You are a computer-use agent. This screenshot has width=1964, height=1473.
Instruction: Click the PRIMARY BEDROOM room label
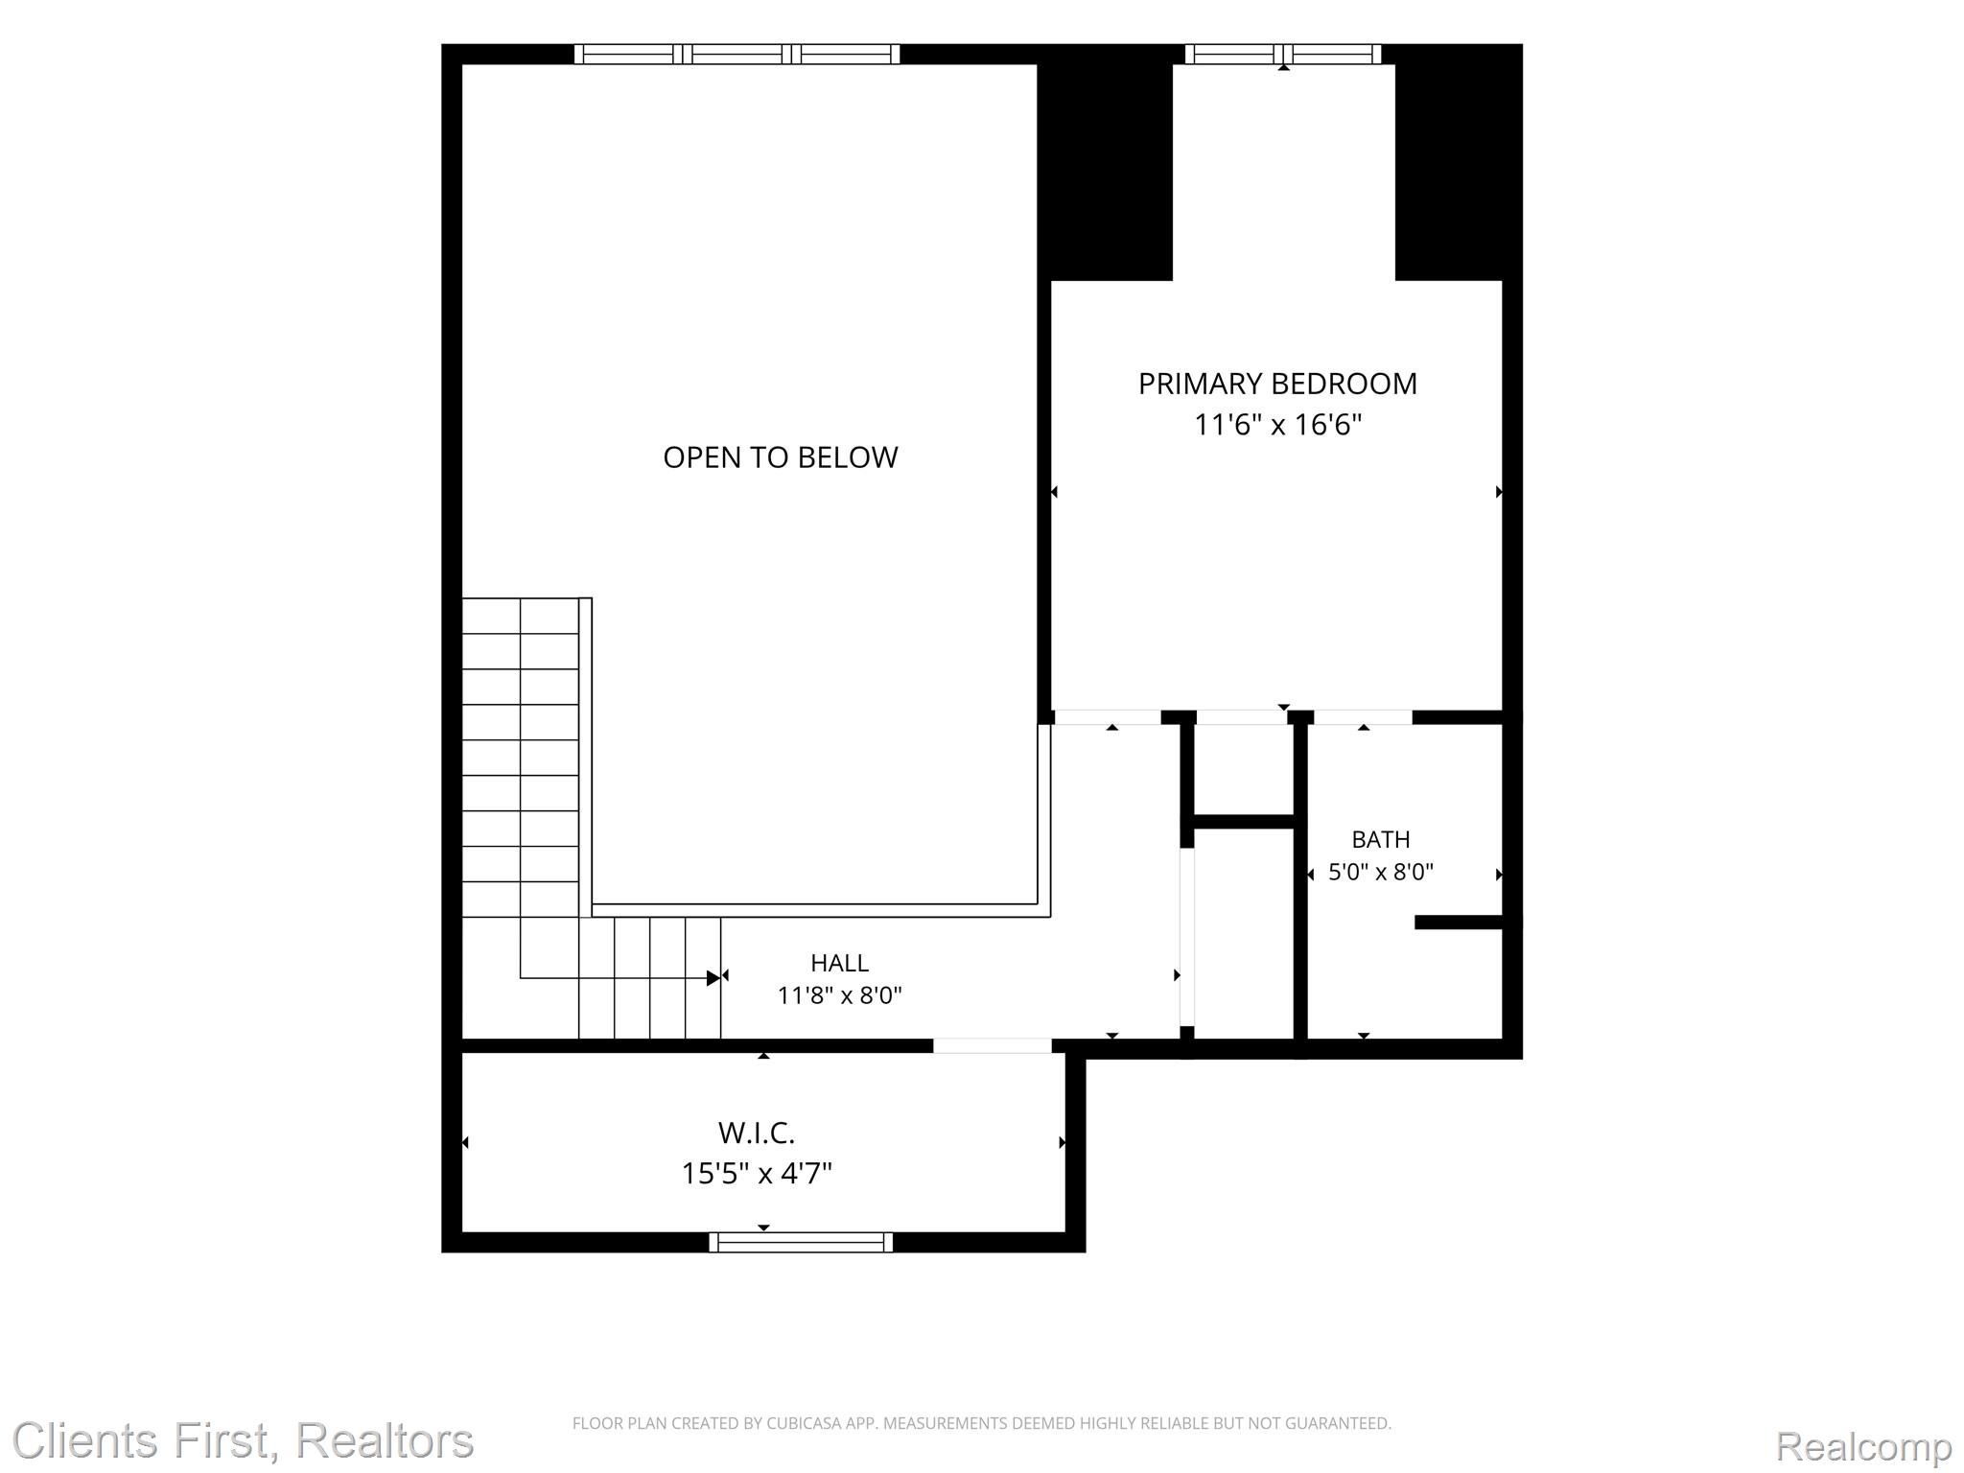coord(1277,384)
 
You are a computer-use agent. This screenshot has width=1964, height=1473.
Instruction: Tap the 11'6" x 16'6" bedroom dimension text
coord(1277,424)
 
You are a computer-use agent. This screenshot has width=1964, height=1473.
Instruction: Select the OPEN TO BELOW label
coord(781,457)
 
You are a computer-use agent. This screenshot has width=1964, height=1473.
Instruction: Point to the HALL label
coord(839,963)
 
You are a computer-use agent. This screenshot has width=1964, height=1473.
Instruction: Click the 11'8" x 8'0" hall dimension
coord(839,995)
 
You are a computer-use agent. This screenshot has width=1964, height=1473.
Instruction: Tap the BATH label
coord(1381,839)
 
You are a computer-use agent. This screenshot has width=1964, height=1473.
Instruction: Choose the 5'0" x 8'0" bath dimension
coord(1381,872)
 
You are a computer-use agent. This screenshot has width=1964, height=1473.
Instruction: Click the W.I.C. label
coord(757,1133)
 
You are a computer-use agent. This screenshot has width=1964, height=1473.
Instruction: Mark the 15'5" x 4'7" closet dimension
coord(757,1173)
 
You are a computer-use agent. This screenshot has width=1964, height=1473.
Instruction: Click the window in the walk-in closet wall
coord(801,1242)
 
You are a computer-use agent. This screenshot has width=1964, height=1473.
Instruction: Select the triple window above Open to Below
coord(736,54)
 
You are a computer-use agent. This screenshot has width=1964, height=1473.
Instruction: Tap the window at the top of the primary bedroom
coord(1283,54)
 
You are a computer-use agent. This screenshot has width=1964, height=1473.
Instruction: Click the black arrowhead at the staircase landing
coord(713,978)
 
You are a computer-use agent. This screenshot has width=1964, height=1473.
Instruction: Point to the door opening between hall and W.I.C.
coord(993,1045)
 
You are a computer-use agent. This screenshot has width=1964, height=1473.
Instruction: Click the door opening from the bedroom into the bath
coord(1363,717)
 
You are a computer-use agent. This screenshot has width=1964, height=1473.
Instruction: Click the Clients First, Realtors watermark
coord(243,1441)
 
